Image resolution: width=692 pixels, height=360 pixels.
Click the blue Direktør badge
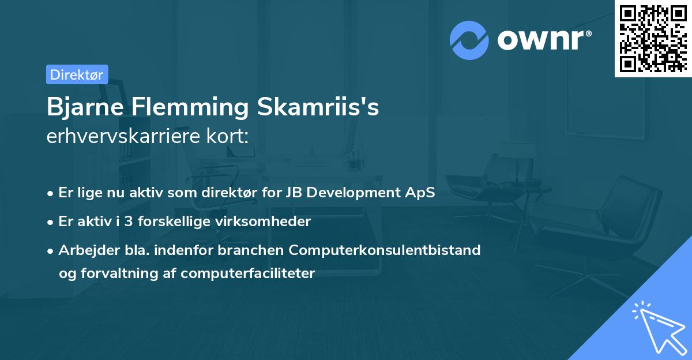tap(77, 74)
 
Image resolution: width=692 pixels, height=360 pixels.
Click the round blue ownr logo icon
tap(469, 40)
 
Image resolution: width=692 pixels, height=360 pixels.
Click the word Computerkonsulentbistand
tap(385, 250)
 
